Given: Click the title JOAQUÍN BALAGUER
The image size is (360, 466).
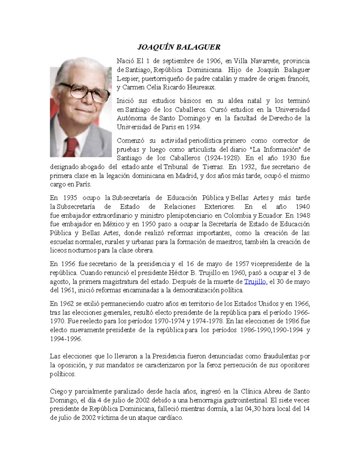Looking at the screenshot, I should click(x=179, y=47).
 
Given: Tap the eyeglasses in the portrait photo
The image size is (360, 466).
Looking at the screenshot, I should click(x=85, y=92).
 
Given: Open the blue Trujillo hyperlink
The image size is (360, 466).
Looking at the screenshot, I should click(x=255, y=281).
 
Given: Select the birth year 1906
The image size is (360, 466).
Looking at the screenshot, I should click(x=214, y=61).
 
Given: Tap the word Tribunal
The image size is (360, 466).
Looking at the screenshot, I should click(x=175, y=167).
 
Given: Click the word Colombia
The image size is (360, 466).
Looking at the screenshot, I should click(x=237, y=215).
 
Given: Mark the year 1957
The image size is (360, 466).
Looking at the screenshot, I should click(x=242, y=264).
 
